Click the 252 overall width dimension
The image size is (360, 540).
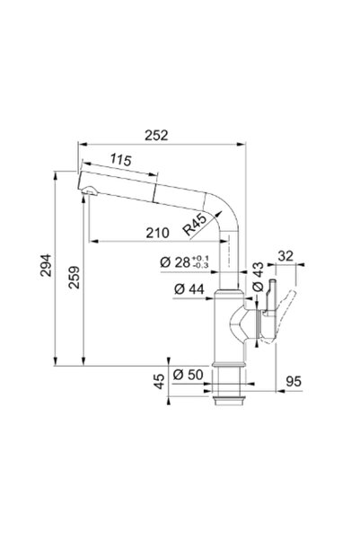point(156,136)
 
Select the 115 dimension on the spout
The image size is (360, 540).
point(121,160)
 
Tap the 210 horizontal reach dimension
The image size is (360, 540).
point(157,233)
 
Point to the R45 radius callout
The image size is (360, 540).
point(195,225)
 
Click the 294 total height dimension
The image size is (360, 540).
point(46,265)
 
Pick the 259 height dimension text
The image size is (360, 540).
point(74,278)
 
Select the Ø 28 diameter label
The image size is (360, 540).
point(175,262)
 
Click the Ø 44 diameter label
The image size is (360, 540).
point(189,289)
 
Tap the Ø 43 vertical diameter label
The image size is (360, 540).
point(258,277)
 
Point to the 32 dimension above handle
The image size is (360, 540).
point(285,256)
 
